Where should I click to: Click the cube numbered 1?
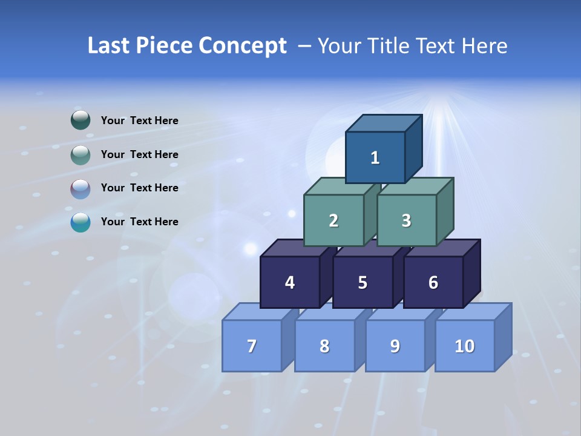(x=375, y=157)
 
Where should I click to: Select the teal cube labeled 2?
(x=333, y=220)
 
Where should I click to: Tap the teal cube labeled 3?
(x=406, y=220)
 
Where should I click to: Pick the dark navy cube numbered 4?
(x=290, y=282)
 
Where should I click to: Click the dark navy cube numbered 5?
(x=363, y=282)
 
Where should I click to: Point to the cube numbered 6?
(x=433, y=282)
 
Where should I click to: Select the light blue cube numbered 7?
(x=252, y=346)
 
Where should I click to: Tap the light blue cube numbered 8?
(x=324, y=346)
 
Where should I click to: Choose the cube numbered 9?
(x=395, y=346)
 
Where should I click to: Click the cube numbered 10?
(x=464, y=346)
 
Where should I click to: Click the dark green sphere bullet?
(x=80, y=121)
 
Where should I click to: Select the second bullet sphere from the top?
(x=80, y=155)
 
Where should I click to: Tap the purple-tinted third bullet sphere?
(x=80, y=189)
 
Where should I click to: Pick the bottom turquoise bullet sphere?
(x=80, y=222)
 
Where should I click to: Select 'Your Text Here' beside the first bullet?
(x=140, y=121)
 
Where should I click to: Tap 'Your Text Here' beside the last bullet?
(x=140, y=222)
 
